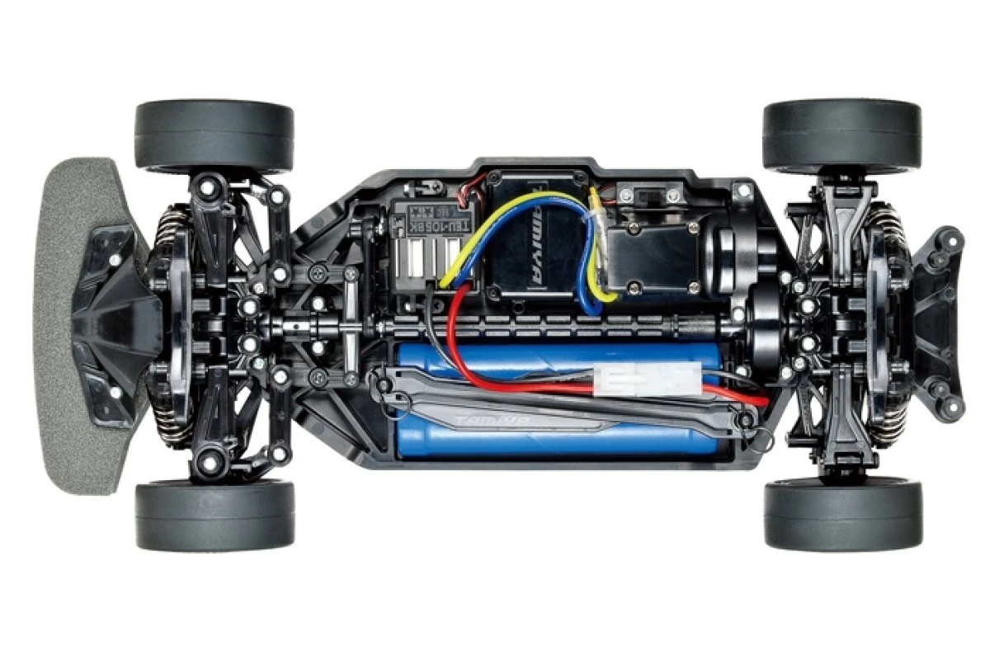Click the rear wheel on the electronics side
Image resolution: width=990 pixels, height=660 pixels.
(x=841, y=136)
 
